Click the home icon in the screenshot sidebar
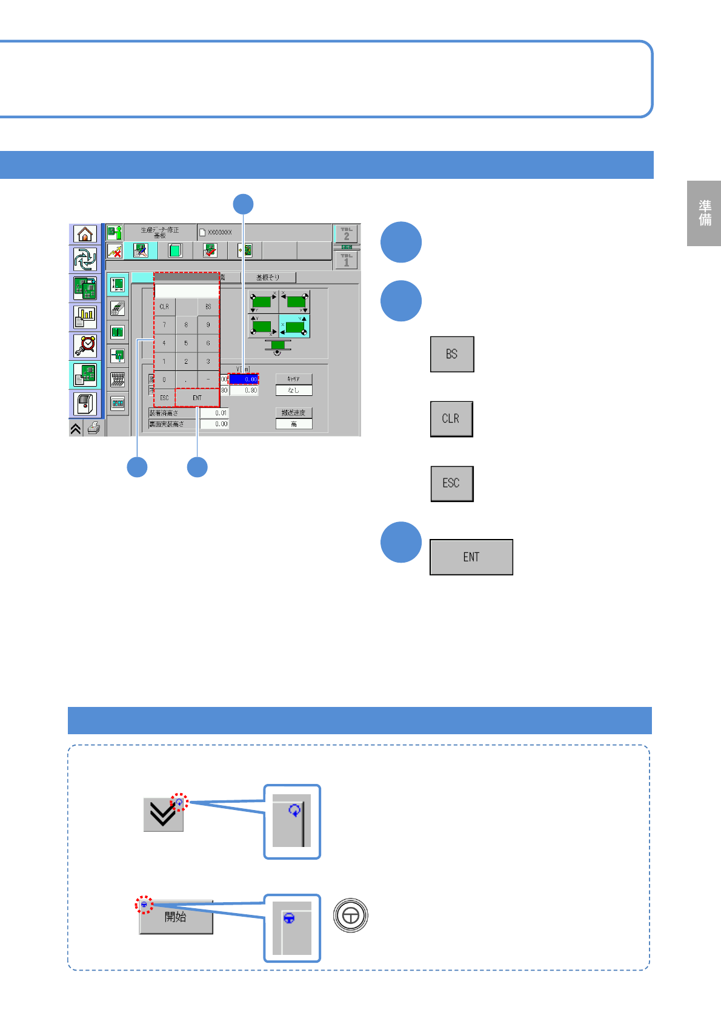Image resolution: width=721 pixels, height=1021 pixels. pos(85,234)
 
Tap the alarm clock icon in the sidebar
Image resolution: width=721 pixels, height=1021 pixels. pos(85,346)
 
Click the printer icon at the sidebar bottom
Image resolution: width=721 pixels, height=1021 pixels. pos(94,429)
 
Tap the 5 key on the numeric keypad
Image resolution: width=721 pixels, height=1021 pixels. pos(186,343)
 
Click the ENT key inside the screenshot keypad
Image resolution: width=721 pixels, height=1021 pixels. pos(197,398)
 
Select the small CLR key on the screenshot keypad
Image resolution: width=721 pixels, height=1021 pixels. pos(164,307)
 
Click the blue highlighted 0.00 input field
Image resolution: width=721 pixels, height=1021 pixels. pos(244,379)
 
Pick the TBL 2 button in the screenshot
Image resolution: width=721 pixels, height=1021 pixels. pos(346,234)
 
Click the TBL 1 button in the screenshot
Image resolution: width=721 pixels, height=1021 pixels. pos(346,260)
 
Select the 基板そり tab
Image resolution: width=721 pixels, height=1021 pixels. pos(268,278)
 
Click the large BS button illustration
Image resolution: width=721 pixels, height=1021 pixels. pos(452,354)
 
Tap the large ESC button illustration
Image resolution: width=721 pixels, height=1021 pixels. pos(451,483)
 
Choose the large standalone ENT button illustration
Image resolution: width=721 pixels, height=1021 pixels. pos(471,557)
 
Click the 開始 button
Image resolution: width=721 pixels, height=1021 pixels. pos(176,917)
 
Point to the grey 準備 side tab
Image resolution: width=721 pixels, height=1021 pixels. pos(704,213)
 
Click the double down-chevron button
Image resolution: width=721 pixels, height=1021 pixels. pos(162,815)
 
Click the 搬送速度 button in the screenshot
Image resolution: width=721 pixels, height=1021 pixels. pos(293,413)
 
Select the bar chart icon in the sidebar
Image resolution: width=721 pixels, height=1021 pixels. pos(85,317)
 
